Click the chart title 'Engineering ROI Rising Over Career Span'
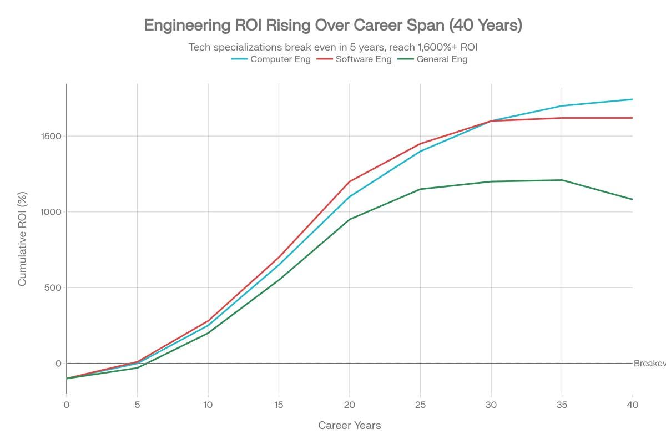(333, 26)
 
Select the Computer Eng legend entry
(271, 59)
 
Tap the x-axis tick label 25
(420, 405)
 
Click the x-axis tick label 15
(279, 405)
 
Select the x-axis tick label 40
(632, 405)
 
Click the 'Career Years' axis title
(349, 426)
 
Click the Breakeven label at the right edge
(649, 364)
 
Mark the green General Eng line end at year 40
(632, 199)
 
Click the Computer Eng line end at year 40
(632, 99)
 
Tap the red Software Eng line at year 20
(350, 181)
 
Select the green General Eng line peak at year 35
(562, 180)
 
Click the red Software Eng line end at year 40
(632, 118)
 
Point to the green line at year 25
(420, 189)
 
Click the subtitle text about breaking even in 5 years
(333, 47)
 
